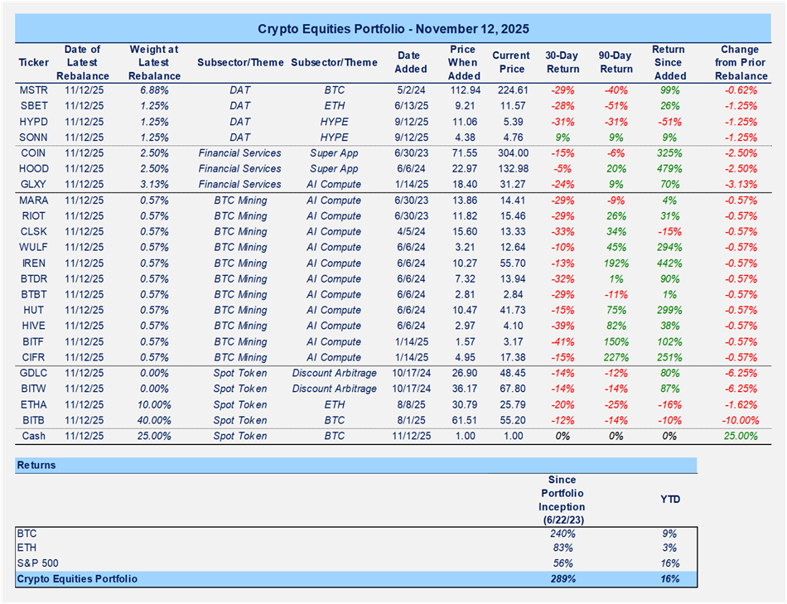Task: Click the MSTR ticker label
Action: pyautogui.click(x=33, y=90)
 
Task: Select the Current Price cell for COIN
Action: pyautogui.click(x=510, y=153)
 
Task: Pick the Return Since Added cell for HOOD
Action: pyautogui.click(x=668, y=169)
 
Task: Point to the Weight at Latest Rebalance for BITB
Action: pyautogui.click(x=155, y=420)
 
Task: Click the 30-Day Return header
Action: pyautogui.click(x=562, y=62)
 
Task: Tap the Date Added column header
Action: pyautogui.click(x=411, y=62)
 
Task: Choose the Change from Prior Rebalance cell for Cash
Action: pyautogui.click(x=740, y=436)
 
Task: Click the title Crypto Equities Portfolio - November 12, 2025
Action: pyautogui.click(x=393, y=28)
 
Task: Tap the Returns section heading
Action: pyautogui.click(x=36, y=466)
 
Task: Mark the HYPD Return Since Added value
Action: pyautogui.click(x=668, y=122)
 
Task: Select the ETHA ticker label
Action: pyautogui.click(x=33, y=405)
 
